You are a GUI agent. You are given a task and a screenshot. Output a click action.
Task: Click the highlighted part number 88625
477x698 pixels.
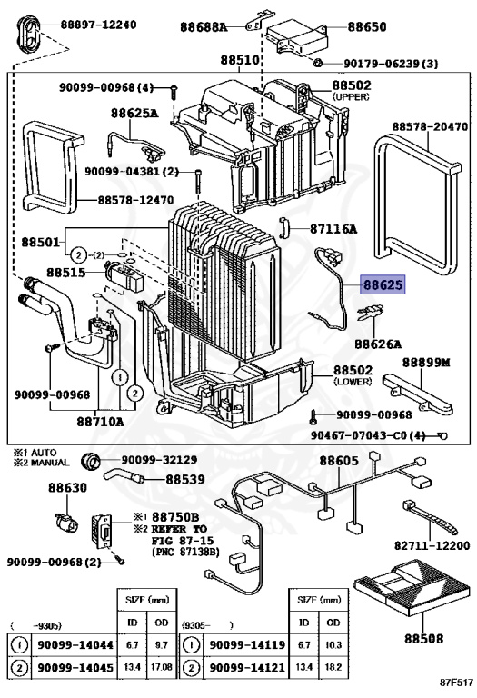click(383, 284)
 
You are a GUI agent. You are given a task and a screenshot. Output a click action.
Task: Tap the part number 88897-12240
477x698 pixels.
click(98, 25)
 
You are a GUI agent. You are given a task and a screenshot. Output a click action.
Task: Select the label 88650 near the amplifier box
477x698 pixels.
click(367, 26)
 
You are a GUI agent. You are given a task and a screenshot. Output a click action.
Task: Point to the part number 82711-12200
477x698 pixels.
click(432, 545)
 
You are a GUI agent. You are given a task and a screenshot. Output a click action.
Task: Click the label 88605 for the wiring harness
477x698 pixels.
click(339, 461)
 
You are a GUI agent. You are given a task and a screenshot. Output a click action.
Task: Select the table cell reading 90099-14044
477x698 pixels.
click(75, 644)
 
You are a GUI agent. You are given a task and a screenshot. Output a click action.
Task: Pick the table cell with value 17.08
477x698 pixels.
click(162, 667)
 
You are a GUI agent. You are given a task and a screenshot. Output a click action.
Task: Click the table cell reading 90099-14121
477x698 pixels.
click(247, 667)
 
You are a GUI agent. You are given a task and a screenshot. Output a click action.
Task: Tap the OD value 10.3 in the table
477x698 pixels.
click(333, 644)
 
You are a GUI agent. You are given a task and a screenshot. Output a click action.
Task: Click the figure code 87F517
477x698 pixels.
click(456, 683)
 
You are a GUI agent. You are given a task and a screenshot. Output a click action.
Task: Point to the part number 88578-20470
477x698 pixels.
click(430, 127)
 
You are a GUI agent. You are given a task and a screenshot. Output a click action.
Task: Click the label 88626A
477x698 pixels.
click(378, 344)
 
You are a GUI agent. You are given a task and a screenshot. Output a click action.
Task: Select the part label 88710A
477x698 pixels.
click(101, 421)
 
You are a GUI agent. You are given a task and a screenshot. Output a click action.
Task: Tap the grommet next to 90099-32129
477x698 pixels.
click(91, 461)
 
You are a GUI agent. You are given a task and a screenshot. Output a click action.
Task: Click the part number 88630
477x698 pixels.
click(67, 488)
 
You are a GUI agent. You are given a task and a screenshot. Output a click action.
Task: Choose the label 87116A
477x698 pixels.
click(333, 229)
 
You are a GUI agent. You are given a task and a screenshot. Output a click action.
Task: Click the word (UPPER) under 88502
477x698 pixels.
click(351, 96)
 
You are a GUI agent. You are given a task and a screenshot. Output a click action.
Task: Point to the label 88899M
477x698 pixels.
click(426, 363)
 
